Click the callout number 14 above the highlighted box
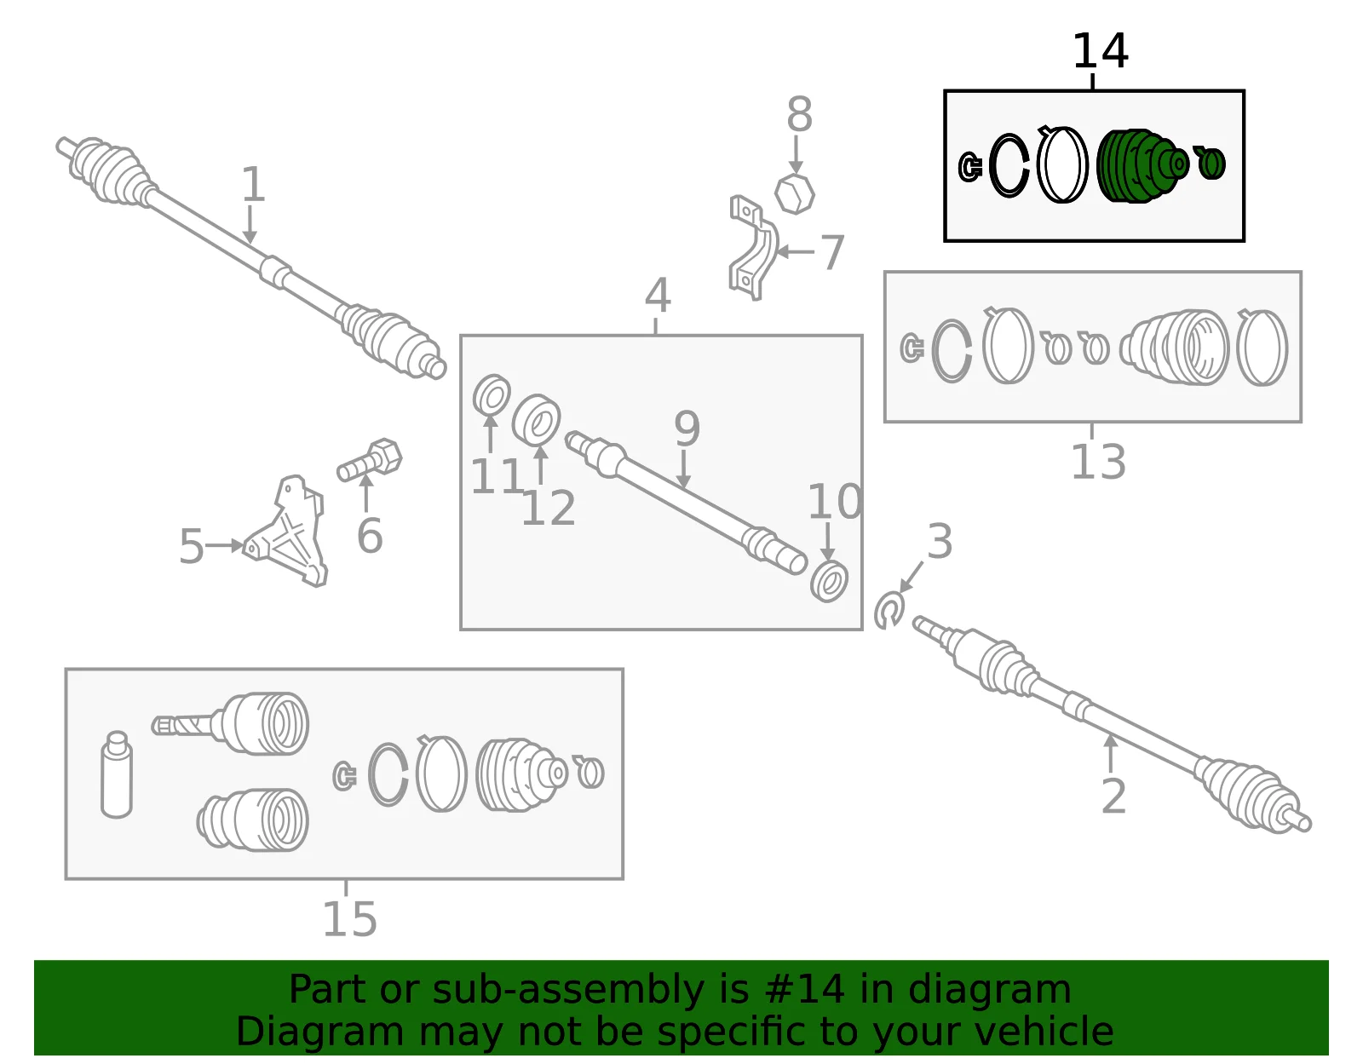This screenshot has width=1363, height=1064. tap(1100, 51)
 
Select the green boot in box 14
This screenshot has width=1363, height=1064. tap(1142, 166)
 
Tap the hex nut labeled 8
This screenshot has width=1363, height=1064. tap(794, 194)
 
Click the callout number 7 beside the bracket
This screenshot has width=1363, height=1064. tap(832, 252)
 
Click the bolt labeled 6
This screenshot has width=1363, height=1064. tap(370, 459)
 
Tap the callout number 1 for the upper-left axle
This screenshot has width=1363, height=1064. tap(253, 184)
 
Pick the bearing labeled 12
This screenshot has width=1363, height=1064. tap(537, 419)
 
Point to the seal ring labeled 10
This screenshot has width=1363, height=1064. tap(829, 582)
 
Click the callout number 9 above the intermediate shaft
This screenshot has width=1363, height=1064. tap(687, 428)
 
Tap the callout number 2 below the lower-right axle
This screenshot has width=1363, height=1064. tap(1113, 797)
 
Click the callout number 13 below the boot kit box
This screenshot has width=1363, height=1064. tap(1098, 462)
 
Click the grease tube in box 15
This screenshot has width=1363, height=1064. tap(117, 774)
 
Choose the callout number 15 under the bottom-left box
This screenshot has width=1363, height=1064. tap(349, 919)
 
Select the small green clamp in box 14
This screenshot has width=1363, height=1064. tap(1210, 163)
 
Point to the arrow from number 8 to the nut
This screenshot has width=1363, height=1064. tap(796, 155)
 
